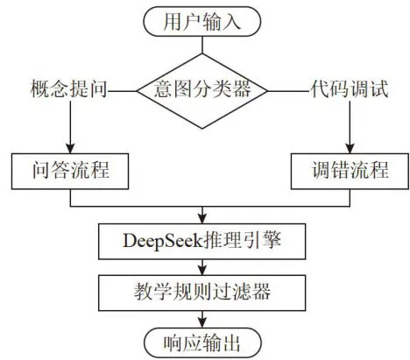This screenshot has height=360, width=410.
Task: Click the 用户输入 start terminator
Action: pos(201,22)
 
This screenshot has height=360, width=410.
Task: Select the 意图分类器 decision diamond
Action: pos(202,91)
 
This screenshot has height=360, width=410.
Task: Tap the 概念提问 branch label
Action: pos(69,88)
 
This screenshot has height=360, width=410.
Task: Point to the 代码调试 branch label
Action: pos(349,88)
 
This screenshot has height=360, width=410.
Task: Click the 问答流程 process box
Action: pos(70,172)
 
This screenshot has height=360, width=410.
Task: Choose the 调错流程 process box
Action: pos(350,172)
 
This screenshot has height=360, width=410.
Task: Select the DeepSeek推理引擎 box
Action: pos(202,242)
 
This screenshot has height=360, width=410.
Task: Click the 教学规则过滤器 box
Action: pos(202,293)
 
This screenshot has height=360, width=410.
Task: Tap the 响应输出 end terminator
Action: pos(202,342)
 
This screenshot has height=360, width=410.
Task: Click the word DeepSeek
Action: pos(162,242)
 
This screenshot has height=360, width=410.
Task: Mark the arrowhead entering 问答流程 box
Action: pos(70,149)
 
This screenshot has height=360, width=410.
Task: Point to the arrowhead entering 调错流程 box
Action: pos(350,149)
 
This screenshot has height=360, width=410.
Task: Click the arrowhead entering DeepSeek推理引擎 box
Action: pos(202,219)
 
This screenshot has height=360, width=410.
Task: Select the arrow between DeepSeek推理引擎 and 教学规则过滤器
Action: pos(202,267)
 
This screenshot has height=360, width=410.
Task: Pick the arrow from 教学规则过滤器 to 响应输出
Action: pos(202,320)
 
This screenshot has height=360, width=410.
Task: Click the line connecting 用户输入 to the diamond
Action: pos(202,45)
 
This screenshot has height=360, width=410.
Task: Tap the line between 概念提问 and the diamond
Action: pos(123,91)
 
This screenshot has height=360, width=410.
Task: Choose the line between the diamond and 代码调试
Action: pos(289,91)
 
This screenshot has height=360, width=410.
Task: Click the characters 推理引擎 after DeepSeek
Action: pos(242,241)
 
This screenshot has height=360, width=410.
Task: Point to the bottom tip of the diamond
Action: pos(202,129)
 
